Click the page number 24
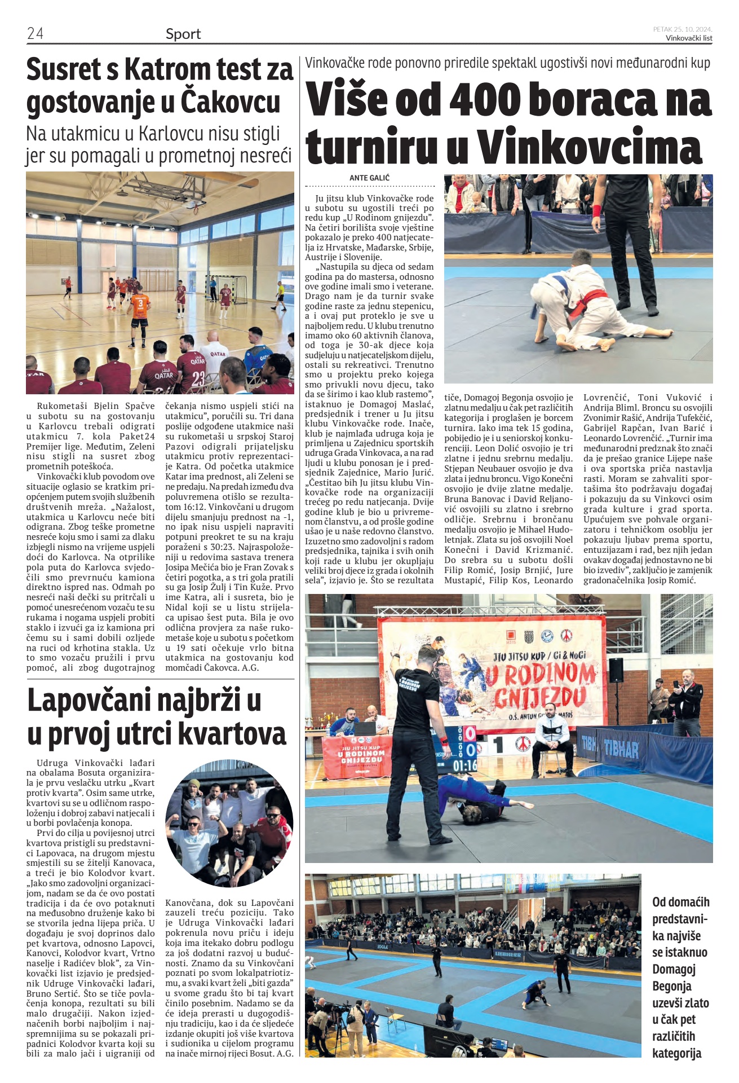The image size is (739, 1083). (35, 33)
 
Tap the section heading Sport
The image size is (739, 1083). (183, 34)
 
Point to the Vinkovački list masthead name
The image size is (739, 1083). (689, 38)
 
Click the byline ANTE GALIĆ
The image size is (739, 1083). (369, 178)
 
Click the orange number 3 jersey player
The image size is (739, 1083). (140, 309)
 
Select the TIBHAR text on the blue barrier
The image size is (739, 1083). (621, 749)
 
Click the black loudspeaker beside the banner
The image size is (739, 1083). (616, 670)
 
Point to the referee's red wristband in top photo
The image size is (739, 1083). (597, 211)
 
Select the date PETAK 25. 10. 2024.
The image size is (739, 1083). (683, 29)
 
